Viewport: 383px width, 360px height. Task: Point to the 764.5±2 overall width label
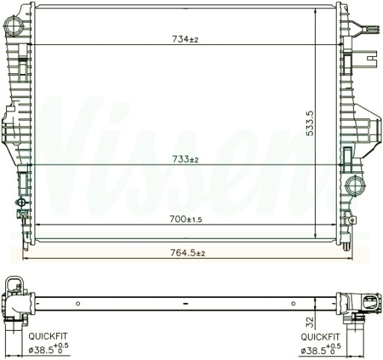[187, 253]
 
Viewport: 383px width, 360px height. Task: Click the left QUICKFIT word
[47, 338]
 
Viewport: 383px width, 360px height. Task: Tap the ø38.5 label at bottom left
[45, 350]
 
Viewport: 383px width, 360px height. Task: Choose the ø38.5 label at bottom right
[317, 350]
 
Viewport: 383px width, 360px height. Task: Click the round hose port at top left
[15, 27]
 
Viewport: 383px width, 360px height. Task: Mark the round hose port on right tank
[355, 184]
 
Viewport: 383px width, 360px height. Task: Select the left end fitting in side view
[16, 299]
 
